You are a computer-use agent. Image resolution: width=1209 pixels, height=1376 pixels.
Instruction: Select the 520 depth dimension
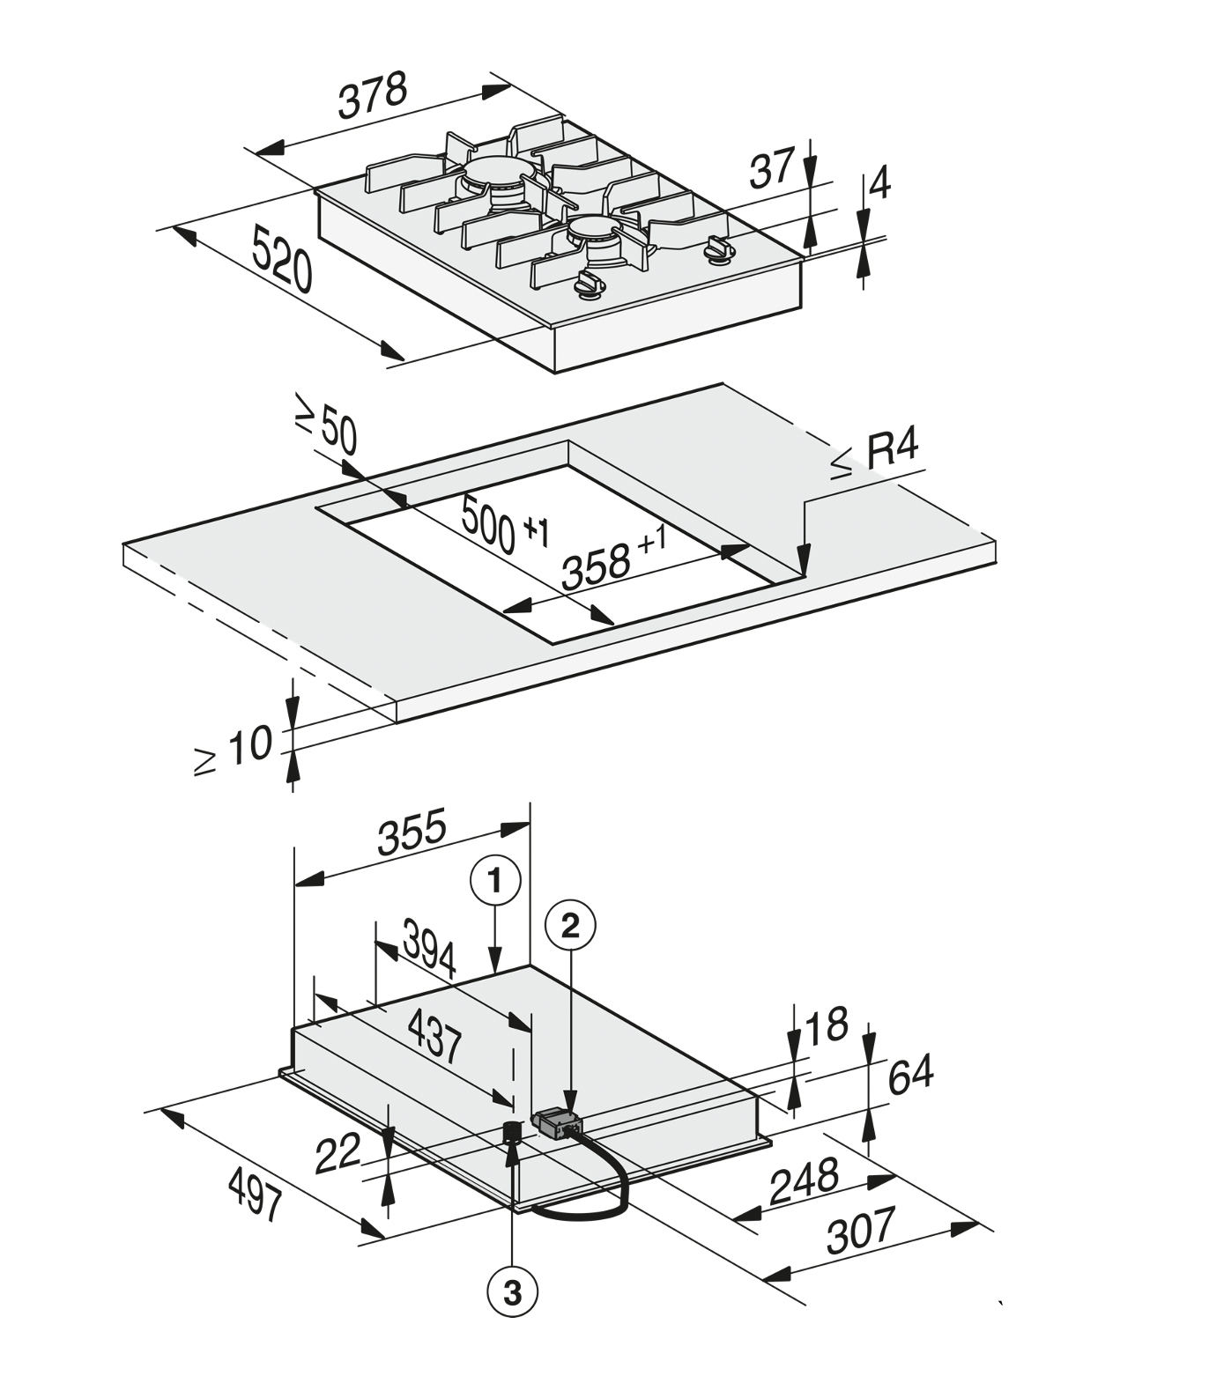[x=282, y=258]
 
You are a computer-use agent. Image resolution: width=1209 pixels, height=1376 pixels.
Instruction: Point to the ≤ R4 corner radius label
[x=877, y=455]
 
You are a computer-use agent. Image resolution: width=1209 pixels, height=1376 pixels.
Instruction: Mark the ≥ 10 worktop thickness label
[x=234, y=751]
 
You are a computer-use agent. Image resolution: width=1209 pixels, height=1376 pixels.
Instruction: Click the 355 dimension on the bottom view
[x=412, y=833]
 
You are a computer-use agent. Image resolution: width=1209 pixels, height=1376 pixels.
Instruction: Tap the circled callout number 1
[x=496, y=881]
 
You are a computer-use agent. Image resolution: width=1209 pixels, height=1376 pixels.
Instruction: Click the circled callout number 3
[x=512, y=1293]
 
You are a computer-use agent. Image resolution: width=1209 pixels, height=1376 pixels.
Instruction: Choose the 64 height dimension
[x=909, y=1075]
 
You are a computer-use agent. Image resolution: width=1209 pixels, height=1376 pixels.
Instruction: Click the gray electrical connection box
[x=557, y=1124]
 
